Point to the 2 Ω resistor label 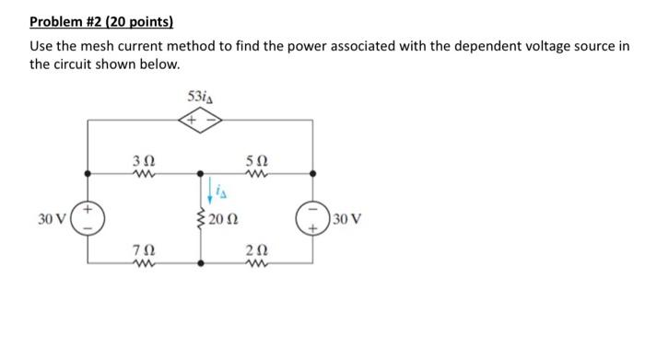point(256,248)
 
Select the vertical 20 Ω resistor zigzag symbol point(203,219)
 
